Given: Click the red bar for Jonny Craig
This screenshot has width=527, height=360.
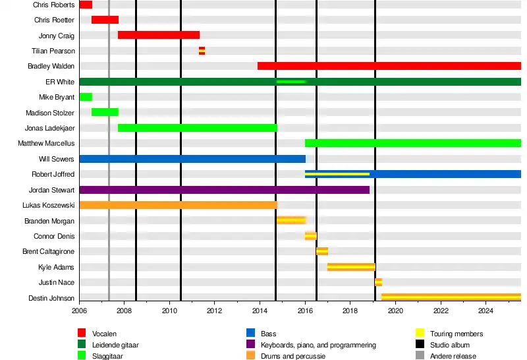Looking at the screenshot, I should point(158,35).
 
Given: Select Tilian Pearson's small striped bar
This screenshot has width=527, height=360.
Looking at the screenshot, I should point(202,51).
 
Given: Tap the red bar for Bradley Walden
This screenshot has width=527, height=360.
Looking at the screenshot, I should point(389,66).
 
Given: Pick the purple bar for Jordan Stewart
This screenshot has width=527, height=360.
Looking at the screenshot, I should point(224,190).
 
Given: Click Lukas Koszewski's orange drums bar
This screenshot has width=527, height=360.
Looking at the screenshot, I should point(178,205).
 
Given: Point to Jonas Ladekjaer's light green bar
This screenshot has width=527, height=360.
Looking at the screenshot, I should point(198,128).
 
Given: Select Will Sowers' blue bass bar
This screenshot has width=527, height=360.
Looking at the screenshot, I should point(192,159).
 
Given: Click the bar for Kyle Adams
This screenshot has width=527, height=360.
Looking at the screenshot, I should point(351,267).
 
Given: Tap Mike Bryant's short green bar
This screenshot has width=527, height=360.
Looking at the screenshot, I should point(86,97).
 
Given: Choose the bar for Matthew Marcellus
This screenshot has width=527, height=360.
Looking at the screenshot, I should point(412,143).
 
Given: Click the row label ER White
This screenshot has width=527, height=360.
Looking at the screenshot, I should point(60,82).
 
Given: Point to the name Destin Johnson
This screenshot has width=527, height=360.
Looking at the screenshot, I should point(51,298).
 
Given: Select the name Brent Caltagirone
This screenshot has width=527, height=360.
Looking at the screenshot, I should point(48,252).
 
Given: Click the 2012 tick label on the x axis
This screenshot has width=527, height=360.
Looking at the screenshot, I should point(215,311).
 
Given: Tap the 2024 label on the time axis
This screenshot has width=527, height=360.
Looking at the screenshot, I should point(485,311).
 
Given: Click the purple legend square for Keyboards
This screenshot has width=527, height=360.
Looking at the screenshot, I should point(250,345).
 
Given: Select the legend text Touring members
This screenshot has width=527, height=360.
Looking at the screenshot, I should point(457,334).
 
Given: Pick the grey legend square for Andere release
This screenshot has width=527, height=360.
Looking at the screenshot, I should point(420,356).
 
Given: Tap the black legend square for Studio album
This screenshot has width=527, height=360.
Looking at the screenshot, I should point(420,345).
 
